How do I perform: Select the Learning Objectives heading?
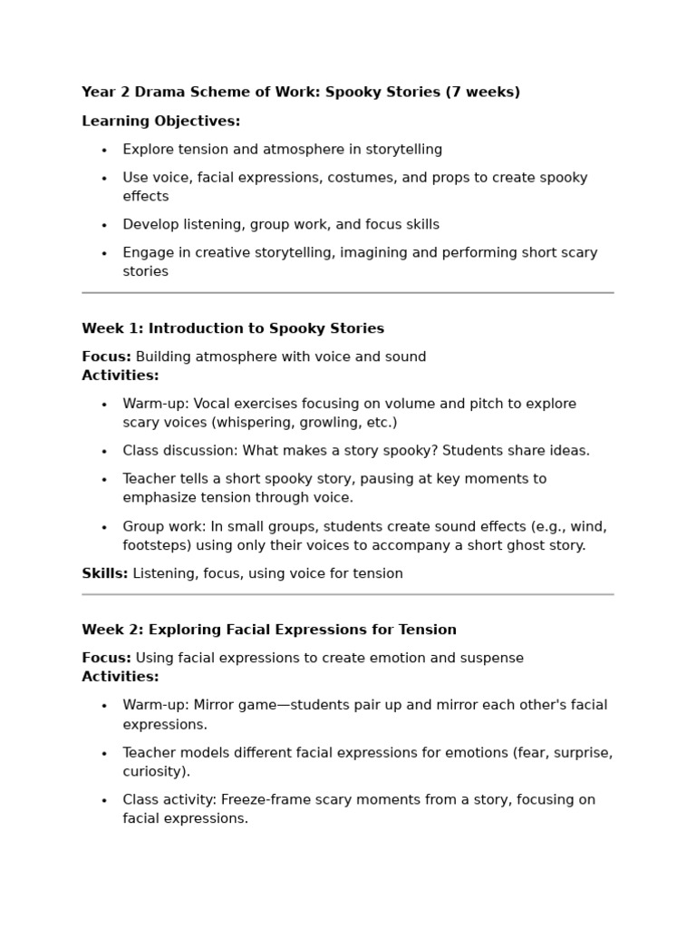pyautogui.click(x=160, y=121)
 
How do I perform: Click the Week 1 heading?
pyautogui.click(x=233, y=328)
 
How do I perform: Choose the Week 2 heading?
pyautogui.click(x=269, y=630)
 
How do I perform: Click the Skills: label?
pyautogui.click(x=104, y=573)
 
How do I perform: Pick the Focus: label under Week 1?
pyautogui.click(x=106, y=357)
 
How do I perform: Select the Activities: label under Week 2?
pyautogui.click(x=120, y=677)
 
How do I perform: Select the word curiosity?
pyautogui.click(x=153, y=771)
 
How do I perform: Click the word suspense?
pyautogui.click(x=493, y=658)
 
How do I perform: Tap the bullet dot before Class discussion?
pyautogui.click(x=104, y=451)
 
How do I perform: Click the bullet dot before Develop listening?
pyautogui.click(x=104, y=225)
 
